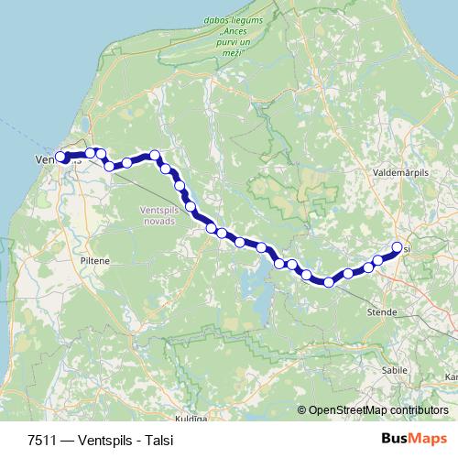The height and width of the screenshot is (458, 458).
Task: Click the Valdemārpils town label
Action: pyautogui.click(x=395, y=171)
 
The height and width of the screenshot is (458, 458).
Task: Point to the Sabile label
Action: pyautogui.click(x=395, y=370)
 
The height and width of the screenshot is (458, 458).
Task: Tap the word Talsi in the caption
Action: pyautogui.click(x=157, y=439)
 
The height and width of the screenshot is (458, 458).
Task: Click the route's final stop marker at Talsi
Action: pyautogui.click(x=398, y=246)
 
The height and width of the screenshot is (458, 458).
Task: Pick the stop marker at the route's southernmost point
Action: pyautogui.click(x=327, y=281)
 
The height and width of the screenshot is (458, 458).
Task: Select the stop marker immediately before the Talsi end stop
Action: pyautogui.click(x=377, y=261)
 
